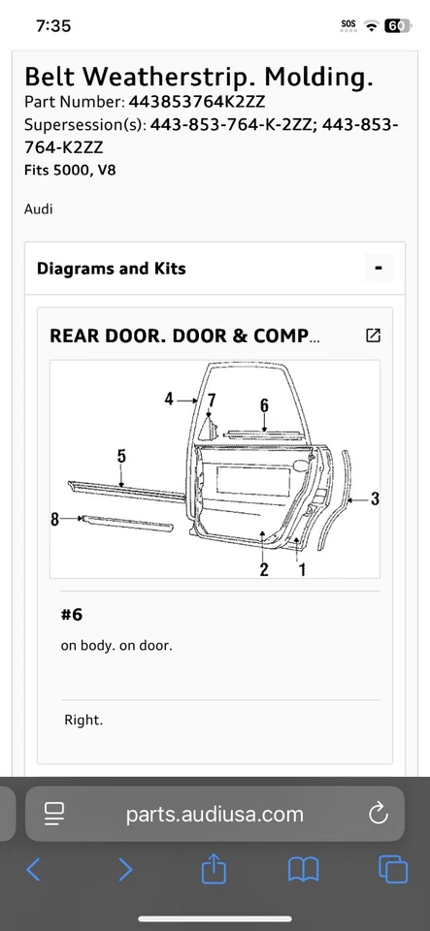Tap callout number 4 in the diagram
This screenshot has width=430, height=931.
coord(169,399)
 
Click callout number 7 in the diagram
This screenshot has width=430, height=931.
coord(212,399)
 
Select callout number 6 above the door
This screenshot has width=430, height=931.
coord(264,405)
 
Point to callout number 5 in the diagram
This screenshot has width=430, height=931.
coord(121,456)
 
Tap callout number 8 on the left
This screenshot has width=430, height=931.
coord(55,519)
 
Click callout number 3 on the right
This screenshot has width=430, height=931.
coord(375,498)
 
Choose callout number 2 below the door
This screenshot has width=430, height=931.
coord(264,568)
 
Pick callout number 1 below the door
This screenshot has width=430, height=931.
coord(302,568)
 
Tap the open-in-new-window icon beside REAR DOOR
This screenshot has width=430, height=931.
coord(373,336)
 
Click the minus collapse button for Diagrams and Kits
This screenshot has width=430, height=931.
coord(379,269)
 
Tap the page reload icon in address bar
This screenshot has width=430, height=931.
coord(378,813)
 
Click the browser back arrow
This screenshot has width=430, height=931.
coord(33,869)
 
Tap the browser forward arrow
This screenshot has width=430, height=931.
coord(125,869)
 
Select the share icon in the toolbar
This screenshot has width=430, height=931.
coord(214,869)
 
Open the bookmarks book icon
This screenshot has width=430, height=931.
coord(304,870)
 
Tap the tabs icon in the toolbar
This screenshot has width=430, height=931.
coord(393,869)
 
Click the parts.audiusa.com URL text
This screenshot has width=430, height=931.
coord(215,814)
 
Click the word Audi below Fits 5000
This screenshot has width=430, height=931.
coord(39,209)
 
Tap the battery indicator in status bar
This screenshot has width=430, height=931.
coord(398,26)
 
